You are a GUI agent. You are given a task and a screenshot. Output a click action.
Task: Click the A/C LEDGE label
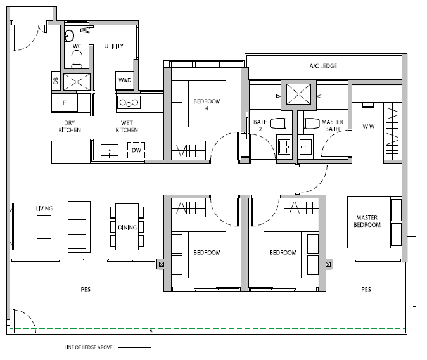click(323, 66)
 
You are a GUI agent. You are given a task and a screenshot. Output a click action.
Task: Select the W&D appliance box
click(125, 80)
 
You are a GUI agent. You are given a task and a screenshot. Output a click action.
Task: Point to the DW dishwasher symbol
click(136, 150)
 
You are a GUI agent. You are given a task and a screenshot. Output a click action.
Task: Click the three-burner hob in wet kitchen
click(129, 103)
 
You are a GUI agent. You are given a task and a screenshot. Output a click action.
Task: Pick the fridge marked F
click(65, 103)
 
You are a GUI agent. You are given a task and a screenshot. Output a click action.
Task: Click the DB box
click(56, 80)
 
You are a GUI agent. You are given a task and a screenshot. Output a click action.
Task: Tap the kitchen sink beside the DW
click(110, 150)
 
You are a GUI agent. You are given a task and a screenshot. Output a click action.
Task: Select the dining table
click(127, 227)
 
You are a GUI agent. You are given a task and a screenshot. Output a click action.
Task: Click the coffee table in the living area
click(44, 227)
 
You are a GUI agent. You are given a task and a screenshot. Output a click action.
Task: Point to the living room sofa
click(79, 227)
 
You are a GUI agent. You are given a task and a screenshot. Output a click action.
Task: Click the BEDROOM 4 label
click(207, 105)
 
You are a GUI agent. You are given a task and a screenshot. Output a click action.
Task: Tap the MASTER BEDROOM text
click(367, 221)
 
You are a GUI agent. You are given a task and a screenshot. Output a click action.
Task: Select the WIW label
click(369, 127)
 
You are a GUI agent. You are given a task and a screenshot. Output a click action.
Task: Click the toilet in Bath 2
click(277, 123)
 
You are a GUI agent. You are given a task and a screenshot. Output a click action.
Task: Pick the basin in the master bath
click(305, 147)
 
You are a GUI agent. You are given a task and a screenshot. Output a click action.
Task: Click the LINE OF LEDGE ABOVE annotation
click(88, 347)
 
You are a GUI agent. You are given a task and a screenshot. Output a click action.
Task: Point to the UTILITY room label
click(114, 46)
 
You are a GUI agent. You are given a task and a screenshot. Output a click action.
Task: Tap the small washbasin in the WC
click(69, 35)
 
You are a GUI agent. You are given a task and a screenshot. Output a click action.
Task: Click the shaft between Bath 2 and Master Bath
click(298, 94)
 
